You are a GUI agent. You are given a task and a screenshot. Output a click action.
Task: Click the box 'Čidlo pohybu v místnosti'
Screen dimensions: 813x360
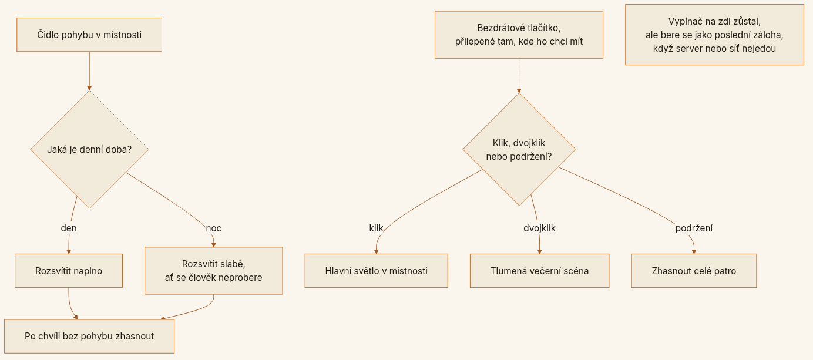[89, 35]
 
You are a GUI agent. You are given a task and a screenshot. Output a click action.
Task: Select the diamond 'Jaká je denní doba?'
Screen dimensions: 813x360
[90, 149]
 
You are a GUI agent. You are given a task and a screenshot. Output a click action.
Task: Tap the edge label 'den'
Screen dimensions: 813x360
[69, 228]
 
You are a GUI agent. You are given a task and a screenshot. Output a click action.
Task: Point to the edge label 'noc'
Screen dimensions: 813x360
[213, 228]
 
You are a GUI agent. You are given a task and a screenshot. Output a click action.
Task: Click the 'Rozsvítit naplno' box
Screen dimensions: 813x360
[69, 271]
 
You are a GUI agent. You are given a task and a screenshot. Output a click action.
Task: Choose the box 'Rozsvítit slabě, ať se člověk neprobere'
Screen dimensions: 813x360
[213, 271]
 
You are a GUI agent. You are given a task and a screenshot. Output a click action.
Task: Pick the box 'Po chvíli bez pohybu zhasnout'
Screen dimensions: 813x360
[89, 337]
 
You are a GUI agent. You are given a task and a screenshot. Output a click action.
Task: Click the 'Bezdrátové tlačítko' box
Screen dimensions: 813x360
[519, 35]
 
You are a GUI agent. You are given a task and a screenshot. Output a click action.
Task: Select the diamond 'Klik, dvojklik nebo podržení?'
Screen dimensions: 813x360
[519, 149]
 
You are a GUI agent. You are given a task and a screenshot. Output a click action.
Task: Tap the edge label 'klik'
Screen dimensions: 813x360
[376, 228]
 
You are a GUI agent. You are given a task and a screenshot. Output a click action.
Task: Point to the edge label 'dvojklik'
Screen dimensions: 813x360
[539, 228]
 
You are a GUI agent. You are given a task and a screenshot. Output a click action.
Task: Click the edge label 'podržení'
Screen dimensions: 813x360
[694, 228]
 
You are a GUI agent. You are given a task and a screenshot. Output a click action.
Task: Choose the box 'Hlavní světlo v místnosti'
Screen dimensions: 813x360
[377, 271]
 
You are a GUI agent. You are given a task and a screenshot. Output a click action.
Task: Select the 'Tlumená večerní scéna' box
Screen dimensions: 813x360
[540, 271]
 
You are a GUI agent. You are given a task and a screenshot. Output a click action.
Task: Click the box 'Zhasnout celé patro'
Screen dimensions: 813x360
[694, 271]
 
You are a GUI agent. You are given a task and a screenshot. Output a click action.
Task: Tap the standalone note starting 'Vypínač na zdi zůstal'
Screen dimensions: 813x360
[715, 35]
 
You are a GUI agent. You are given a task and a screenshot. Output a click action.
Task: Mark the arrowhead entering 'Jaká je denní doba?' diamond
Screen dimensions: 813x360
[89, 88]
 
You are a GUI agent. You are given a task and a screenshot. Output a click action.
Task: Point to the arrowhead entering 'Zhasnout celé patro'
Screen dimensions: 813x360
[694, 251]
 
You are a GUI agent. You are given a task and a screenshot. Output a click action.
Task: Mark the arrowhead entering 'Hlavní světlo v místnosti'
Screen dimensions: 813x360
[377, 251]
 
